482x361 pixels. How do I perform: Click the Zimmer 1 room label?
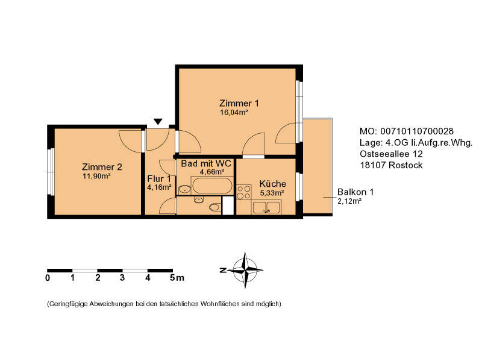[239, 102]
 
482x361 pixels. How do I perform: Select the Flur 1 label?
[160, 178]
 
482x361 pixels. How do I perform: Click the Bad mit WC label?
[205, 164]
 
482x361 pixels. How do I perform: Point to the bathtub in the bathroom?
[211, 185]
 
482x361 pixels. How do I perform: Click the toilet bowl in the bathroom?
[214, 208]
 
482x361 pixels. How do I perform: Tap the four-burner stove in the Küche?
[244, 192]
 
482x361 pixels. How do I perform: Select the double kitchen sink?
[266, 208]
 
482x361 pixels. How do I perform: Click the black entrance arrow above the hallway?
[157, 122]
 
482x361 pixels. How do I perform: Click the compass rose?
[245, 270]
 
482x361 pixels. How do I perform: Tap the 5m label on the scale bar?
[176, 278]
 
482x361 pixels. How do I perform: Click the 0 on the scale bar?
[48, 278]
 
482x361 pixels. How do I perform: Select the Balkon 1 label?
[355, 192]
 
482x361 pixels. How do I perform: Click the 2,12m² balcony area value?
[349, 201]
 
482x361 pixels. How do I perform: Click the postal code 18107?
[372, 165]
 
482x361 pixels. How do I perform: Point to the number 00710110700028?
[416, 131]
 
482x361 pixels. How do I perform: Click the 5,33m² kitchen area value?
[272, 193]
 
